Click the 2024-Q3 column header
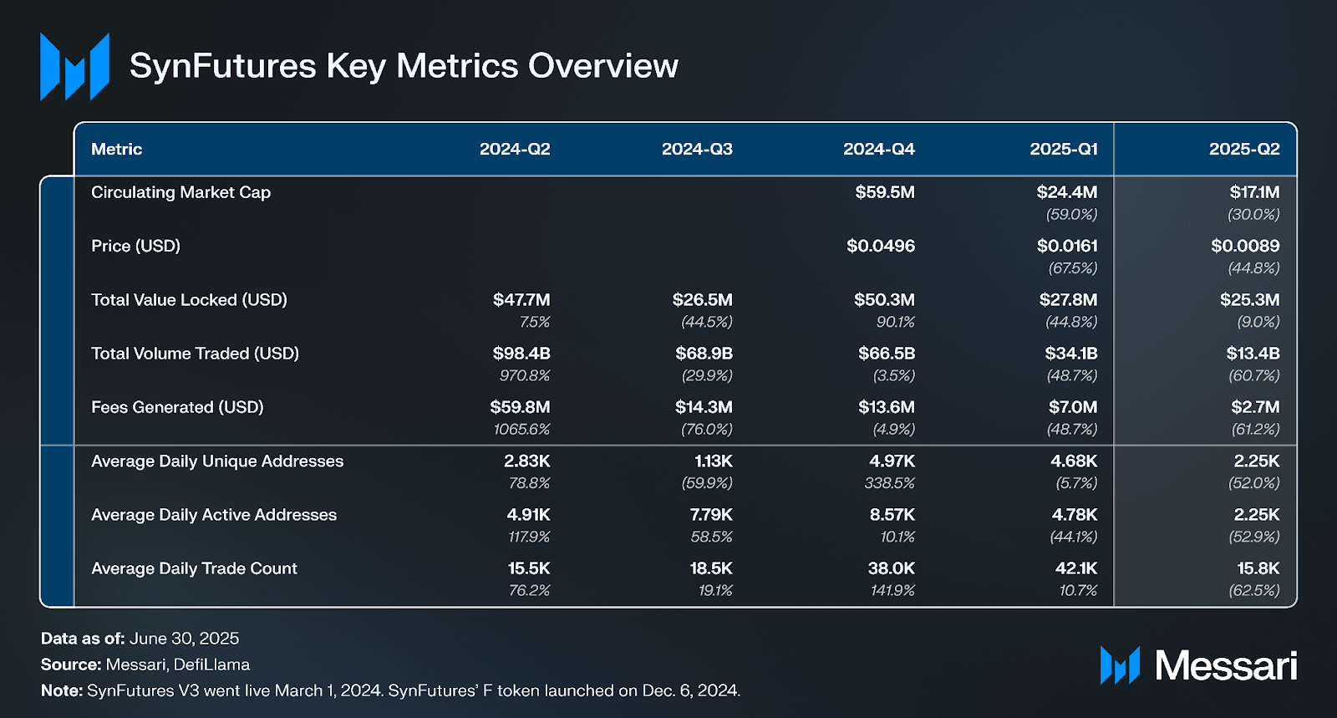point(697,149)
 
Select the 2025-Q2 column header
point(1243,149)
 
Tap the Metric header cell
point(116,149)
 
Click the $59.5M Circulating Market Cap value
point(884,192)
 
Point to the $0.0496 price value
point(880,246)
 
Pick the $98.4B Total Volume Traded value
point(521,354)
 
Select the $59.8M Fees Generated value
point(520,407)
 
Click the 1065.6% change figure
point(521,430)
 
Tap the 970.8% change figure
point(525,376)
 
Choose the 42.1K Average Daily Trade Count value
point(1075,568)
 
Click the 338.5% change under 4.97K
point(889,483)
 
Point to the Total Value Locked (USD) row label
point(189,300)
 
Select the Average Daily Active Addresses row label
point(213,515)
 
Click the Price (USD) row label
point(135,246)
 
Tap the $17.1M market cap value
point(1253,192)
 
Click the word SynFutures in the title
point(222,66)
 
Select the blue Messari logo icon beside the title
point(74,67)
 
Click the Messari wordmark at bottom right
point(1225,666)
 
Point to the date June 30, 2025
point(184,639)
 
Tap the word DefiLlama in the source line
point(211,665)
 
